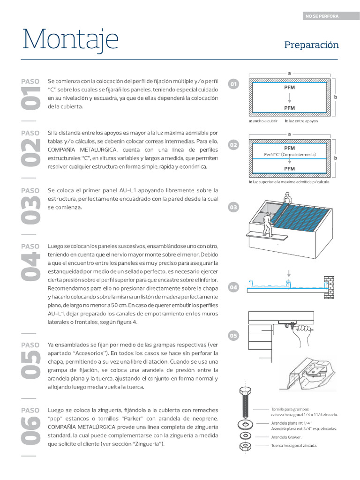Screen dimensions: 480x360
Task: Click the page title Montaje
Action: point(70,40)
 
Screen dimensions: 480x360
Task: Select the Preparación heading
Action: point(311,45)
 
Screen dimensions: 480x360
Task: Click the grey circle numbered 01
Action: point(233,84)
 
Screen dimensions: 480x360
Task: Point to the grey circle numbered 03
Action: point(233,207)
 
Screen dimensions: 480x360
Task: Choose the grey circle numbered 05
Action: point(233,336)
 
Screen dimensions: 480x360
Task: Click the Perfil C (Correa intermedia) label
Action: point(290,155)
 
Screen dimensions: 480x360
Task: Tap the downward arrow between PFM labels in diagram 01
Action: point(290,97)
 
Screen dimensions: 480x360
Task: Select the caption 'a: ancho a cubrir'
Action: point(263,121)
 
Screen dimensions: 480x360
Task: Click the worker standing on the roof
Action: point(286,198)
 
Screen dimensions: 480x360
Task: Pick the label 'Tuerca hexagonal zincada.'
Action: point(294,445)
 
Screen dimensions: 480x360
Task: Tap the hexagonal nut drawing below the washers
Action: point(244,446)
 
